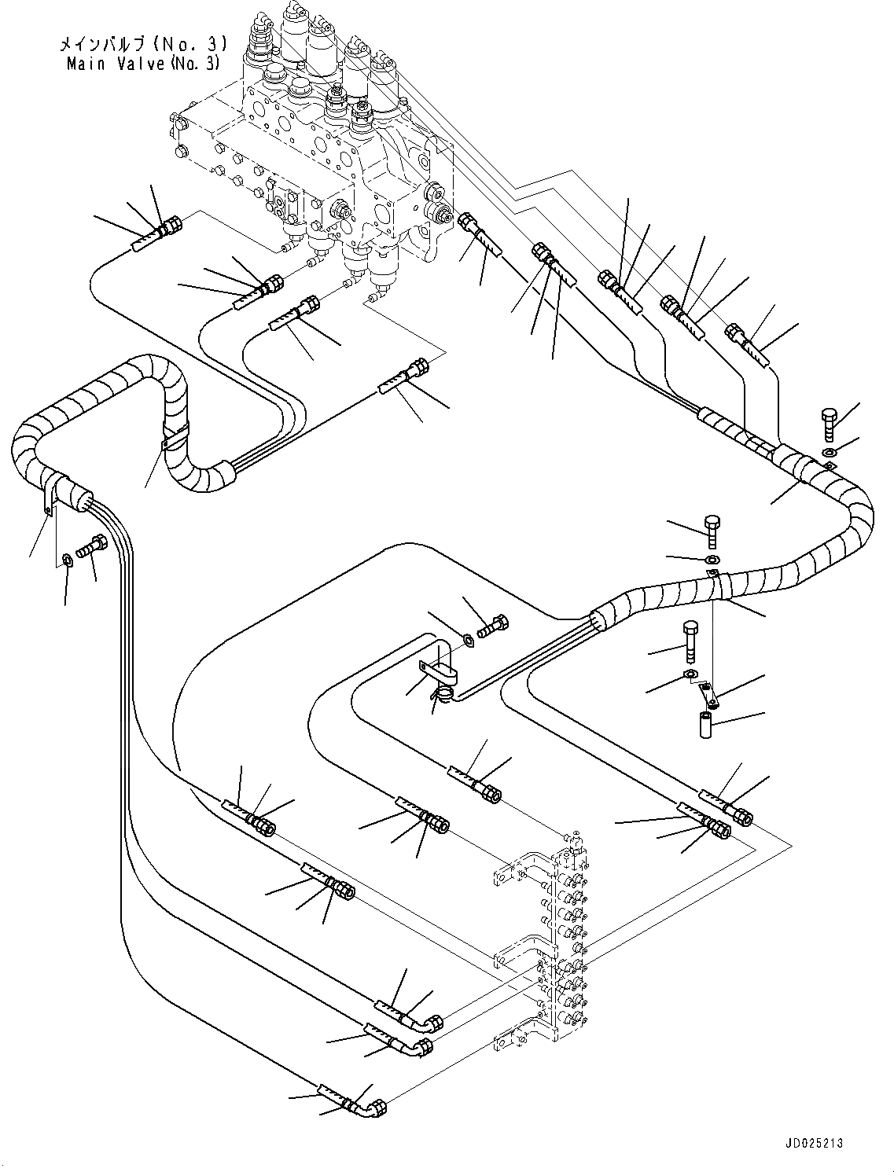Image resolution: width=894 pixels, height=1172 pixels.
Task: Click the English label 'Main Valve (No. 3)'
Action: coord(144,64)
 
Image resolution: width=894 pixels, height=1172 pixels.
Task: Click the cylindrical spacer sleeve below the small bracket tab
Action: coord(705,723)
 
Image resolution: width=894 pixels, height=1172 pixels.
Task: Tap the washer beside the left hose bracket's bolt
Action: coord(68,560)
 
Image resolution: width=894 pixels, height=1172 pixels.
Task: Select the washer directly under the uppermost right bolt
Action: coord(830,452)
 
